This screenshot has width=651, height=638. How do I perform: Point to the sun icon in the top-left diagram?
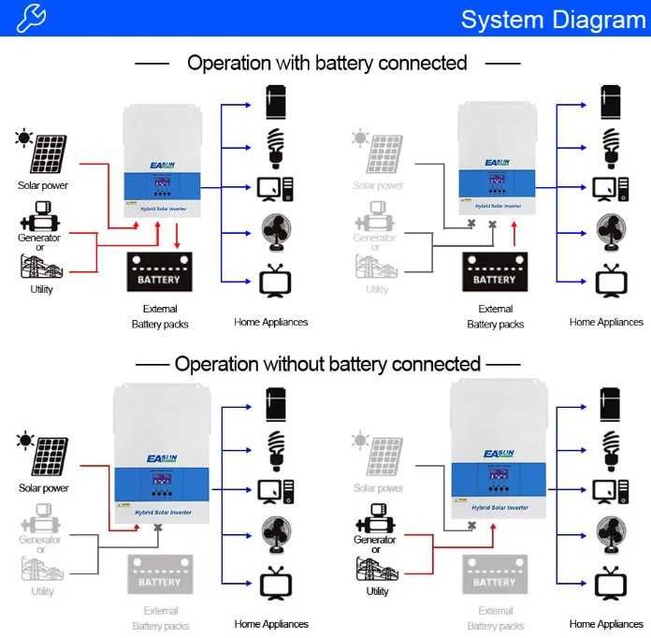(22, 139)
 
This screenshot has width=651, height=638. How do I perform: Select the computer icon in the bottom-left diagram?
(275, 490)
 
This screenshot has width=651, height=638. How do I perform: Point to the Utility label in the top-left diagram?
(42, 290)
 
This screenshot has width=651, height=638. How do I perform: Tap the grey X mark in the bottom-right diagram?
(471, 527)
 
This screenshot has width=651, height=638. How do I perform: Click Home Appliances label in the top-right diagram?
(606, 322)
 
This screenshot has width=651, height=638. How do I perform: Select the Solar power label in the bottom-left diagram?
(44, 488)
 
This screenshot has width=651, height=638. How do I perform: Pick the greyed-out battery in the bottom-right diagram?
(495, 576)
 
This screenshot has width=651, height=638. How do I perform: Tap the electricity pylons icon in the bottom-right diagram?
(376, 570)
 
